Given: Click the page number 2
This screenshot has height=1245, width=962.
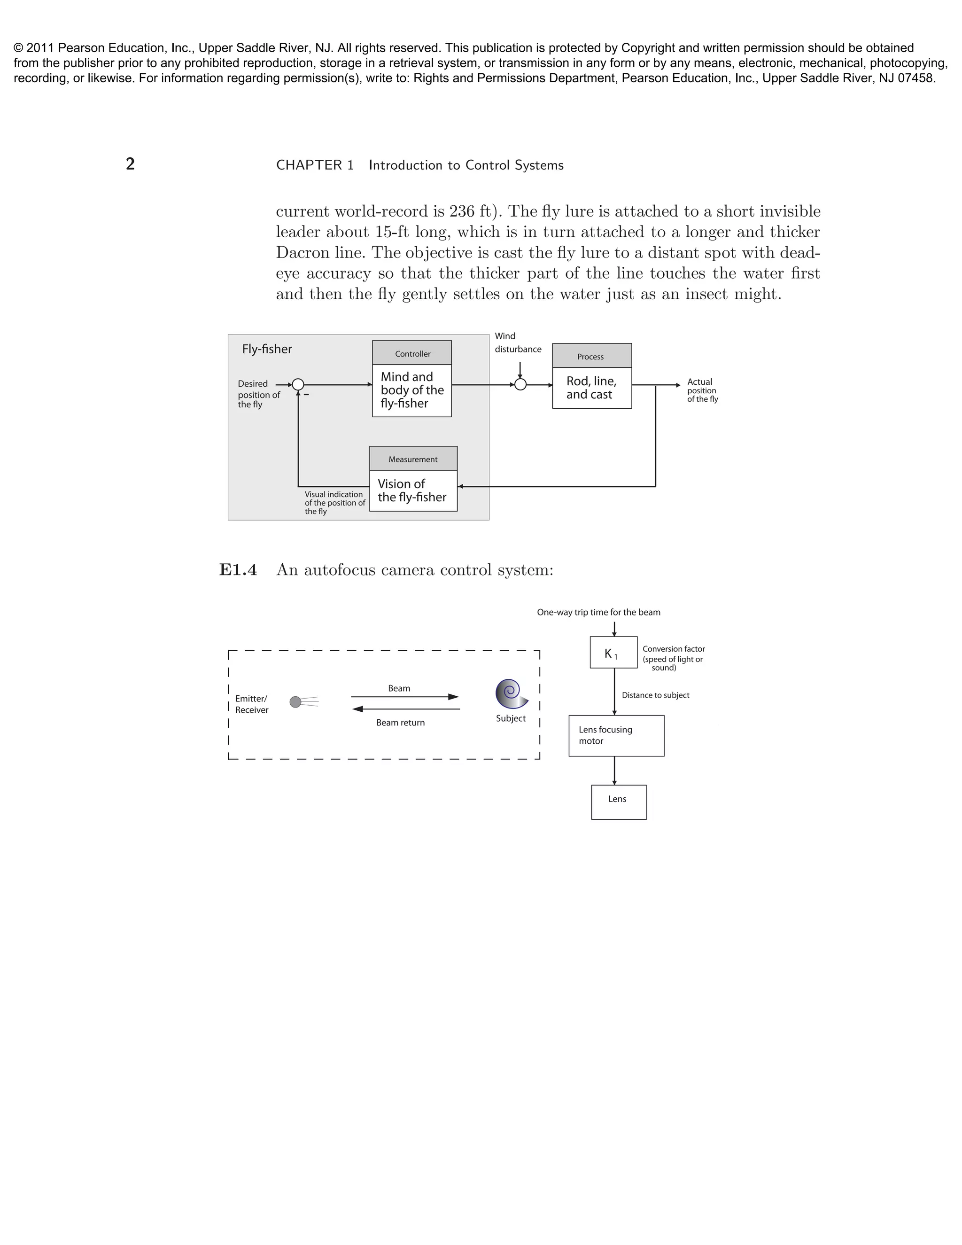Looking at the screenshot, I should click(x=130, y=164).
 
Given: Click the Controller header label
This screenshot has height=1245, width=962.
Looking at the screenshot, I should click(x=412, y=353).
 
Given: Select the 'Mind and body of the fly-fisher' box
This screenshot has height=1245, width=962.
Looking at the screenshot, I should click(x=412, y=390).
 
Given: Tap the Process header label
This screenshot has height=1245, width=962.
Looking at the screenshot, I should click(x=591, y=356).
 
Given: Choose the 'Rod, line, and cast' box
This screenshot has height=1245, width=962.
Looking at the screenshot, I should click(x=591, y=388).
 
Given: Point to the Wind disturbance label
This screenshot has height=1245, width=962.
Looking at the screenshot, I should click(x=518, y=342).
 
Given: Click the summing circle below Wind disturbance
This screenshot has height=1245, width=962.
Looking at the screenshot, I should click(x=520, y=385).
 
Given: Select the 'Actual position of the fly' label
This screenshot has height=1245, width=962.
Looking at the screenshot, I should click(x=702, y=390).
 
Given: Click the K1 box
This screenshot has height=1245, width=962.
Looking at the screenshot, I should click(x=613, y=653).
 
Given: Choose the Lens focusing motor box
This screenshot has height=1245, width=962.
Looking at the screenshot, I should click(x=616, y=736).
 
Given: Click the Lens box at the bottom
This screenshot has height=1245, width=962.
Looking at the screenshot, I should click(x=618, y=802).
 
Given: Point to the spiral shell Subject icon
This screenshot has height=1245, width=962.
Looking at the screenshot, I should click(x=511, y=694).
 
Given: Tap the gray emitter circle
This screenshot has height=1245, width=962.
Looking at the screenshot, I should click(x=295, y=702).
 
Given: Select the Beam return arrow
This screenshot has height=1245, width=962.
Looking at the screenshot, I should click(x=406, y=709).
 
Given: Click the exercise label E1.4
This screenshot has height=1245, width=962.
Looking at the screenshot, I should click(x=238, y=570).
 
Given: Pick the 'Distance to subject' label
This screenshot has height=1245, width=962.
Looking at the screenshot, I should click(x=655, y=695).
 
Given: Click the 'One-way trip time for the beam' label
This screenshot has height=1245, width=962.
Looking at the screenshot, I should click(x=598, y=612).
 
